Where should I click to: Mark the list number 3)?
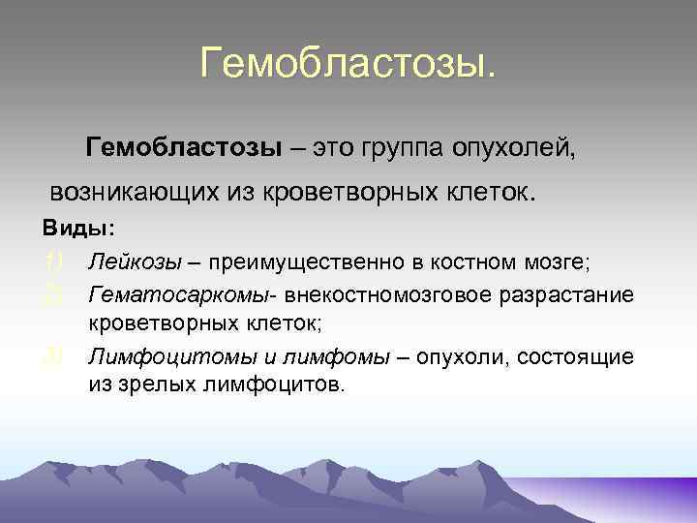click(52, 357)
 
